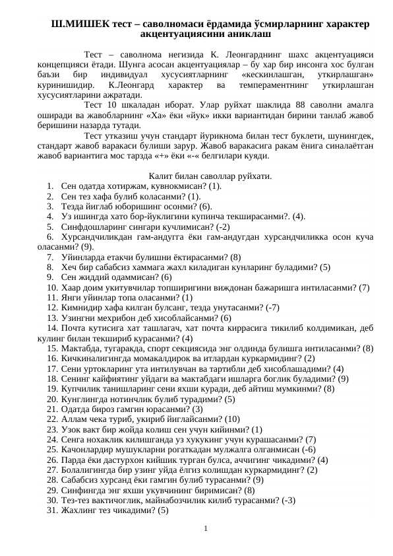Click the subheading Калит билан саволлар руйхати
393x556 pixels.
[210, 176]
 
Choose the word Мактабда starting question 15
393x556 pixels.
[79, 347]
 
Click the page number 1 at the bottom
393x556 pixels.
[206, 528]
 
